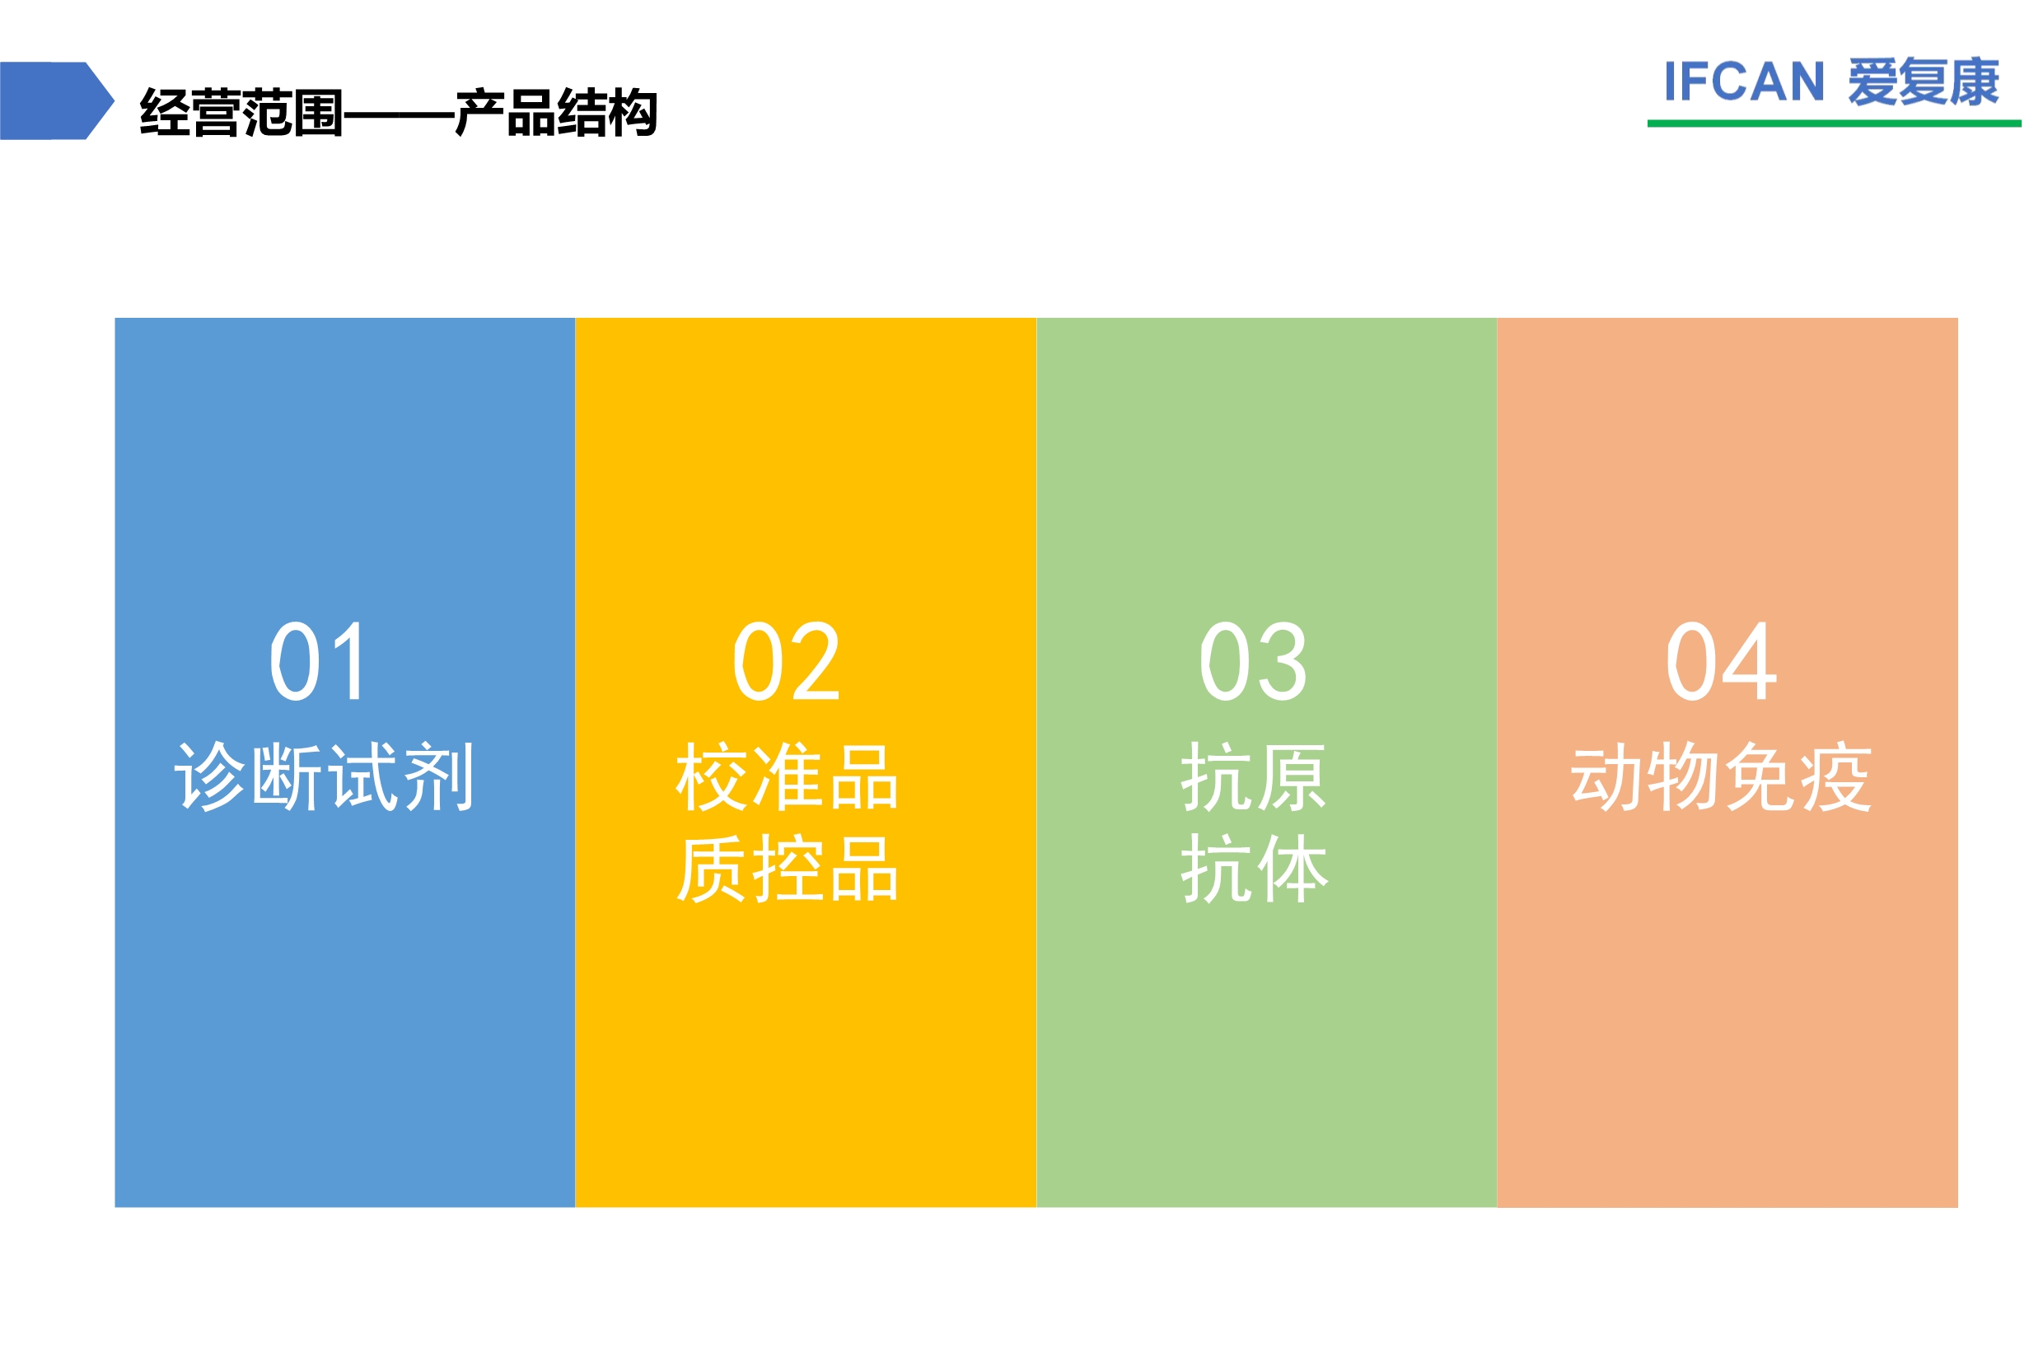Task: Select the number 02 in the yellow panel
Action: pos(786,660)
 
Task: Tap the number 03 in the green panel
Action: pos(1252,660)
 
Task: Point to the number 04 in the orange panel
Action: pos(1720,660)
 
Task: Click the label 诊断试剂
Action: pos(324,776)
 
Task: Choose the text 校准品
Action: pos(787,776)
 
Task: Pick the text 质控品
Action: pos(787,869)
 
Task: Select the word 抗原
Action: pos(1253,776)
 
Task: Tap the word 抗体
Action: pos(1253,869)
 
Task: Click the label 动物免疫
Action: pos(1721,776)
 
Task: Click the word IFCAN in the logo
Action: pos(1742,82)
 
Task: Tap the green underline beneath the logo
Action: pos(1834,124)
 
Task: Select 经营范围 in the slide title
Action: pos(241,112)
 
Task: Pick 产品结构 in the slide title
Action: pos(556,112)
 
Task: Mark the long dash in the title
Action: pos(399,114)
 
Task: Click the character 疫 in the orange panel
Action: pos(1835,776)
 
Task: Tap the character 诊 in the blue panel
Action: pos(211,776)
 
